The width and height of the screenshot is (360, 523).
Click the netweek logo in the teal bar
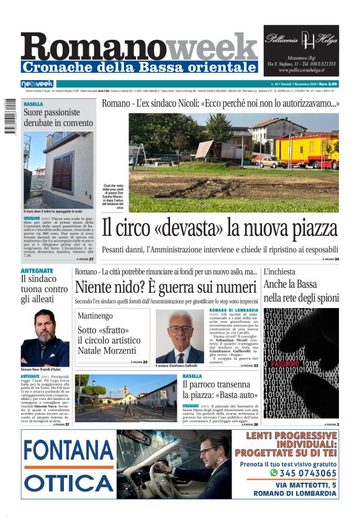click(37, 83)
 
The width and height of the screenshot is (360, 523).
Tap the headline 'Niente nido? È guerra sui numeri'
click(165, 287)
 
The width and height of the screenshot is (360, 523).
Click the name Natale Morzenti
click(109, 352)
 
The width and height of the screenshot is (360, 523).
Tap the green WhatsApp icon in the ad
click(274, 473)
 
